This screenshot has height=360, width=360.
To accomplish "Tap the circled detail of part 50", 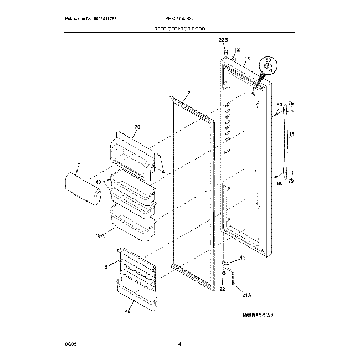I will click(269, 65).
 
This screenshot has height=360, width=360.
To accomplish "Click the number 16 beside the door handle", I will click(291, 135).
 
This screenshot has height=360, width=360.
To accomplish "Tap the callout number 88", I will click(279, 104).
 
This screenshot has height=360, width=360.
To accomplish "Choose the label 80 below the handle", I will click(280, 183).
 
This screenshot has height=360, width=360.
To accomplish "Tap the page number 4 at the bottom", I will click(179, 344).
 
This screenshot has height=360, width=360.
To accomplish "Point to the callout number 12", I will click(237, 49).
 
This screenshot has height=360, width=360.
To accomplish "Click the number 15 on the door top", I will click(247, 59).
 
